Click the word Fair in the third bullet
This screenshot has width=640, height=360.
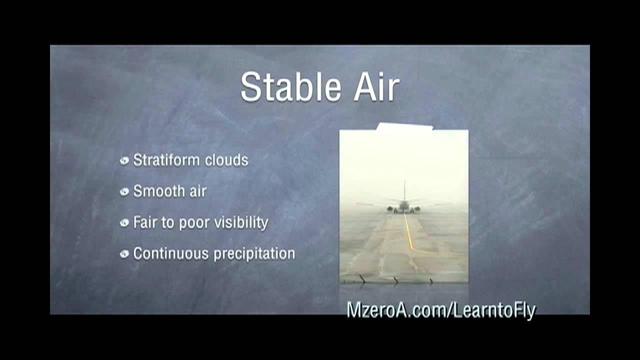point(144,222)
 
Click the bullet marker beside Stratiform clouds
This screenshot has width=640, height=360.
point(124,161)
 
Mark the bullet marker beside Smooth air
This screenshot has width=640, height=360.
point(124,192)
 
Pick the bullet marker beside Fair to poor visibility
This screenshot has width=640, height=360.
point(124,223)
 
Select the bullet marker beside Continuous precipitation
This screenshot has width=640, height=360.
point(124,254)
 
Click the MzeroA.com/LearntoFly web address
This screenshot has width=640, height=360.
point(441,310)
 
